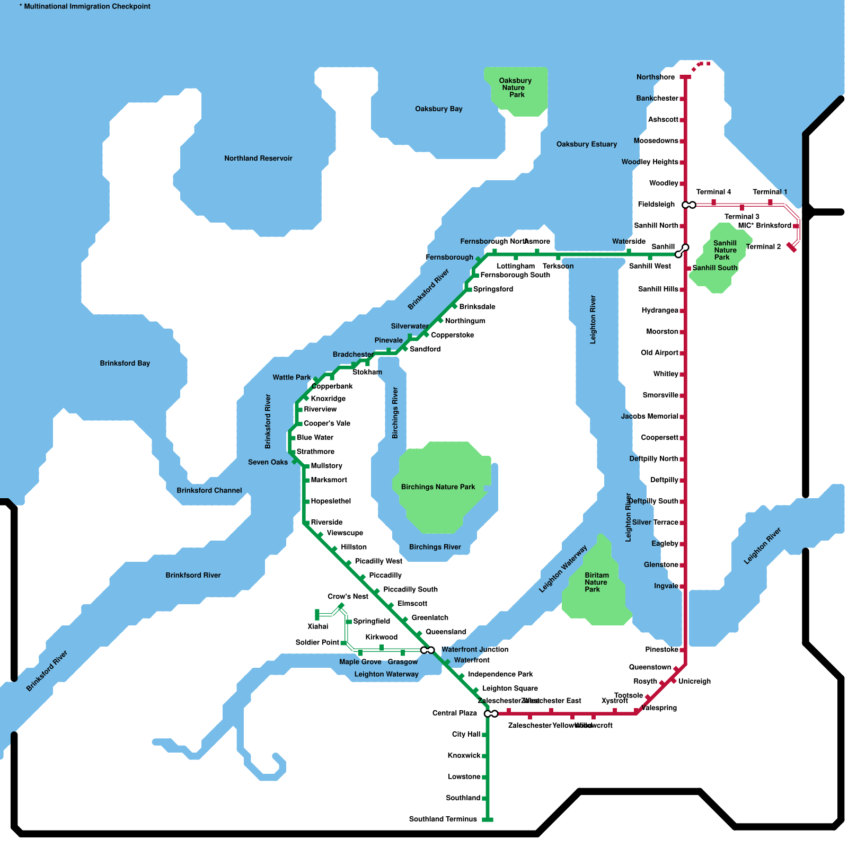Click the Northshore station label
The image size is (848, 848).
click(655, 77)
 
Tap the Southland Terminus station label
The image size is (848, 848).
click(443, 819)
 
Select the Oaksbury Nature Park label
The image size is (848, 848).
click(515, 88)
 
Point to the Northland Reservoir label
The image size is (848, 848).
click(258, 158)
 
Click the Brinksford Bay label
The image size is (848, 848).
click(125, 363)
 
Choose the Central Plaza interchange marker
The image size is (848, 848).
click(491, 714)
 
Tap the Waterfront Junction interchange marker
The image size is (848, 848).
click(427, 650)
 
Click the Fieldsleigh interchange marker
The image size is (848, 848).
click(689, 205)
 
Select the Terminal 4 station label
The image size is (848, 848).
click(713, 192)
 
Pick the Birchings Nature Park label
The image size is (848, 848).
click(438, 487)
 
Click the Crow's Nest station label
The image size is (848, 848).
click(348, 596)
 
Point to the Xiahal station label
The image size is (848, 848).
click(317, 626)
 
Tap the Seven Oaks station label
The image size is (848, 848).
click(268, 462)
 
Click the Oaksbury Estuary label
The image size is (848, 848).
click(586, 144)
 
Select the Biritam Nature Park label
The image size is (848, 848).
click(596, 582)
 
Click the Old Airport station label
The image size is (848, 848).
click(659, 353)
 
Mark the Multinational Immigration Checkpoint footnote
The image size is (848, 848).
click(85, 6)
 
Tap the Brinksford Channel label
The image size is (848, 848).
click(209, 490)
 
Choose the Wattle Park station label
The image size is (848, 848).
click(291, 377)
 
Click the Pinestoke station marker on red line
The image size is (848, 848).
click(682, 650)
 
